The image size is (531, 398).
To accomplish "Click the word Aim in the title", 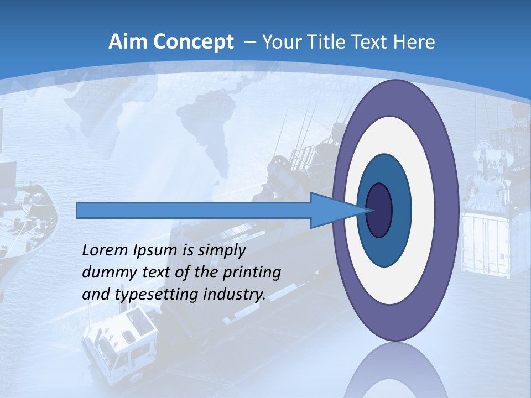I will pyautogui.click(x=127, y=42).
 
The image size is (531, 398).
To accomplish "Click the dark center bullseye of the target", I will pyautogui.click(x=379, y=210).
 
